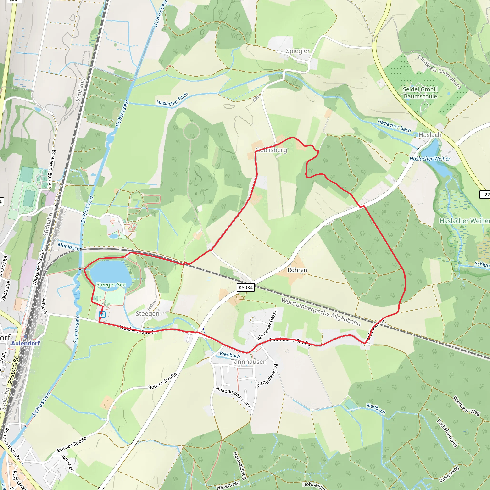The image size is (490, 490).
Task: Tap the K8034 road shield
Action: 246,287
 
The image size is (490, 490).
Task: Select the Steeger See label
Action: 111,284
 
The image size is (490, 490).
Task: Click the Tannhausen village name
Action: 249,362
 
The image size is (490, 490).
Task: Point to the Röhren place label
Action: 297,270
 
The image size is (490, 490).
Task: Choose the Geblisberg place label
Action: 271,150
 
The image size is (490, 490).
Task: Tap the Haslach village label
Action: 430,135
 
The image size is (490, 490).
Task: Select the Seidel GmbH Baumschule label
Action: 420,93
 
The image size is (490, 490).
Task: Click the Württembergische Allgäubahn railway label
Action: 321,312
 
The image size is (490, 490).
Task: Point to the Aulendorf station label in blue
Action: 26,343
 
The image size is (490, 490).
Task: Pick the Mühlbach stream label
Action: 69,246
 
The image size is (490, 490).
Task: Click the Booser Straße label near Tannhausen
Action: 162,381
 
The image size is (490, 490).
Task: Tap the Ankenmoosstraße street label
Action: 234,397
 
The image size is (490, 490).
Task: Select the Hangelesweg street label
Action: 267,375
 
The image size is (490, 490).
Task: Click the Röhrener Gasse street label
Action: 267,325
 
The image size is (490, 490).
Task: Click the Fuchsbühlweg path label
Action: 447,433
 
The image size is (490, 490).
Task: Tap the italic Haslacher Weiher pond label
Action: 430,159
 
